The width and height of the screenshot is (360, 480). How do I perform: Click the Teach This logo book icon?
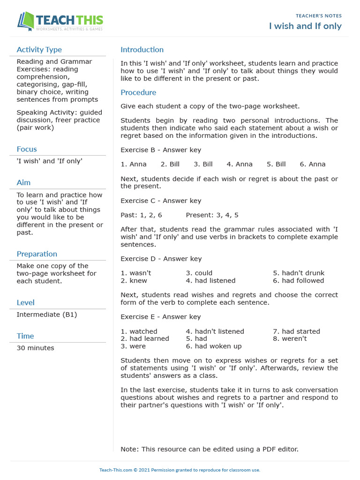coord(26,21)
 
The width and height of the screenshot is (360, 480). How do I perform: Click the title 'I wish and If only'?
coord(305,26)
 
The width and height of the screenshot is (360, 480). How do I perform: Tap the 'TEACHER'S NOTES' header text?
coord(318,16)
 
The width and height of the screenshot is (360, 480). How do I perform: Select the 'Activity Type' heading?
coord(39,50)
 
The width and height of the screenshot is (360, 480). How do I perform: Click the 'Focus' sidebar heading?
coord(27,149)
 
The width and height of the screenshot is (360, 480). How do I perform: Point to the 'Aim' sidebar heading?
coord(23,182)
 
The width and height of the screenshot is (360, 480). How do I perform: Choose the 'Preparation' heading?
coord(37,254)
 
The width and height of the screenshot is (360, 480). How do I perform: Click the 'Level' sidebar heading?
coord(25,302)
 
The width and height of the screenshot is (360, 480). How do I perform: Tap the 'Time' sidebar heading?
coord(25,336)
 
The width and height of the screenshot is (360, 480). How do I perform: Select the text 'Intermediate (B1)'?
coord(46,315)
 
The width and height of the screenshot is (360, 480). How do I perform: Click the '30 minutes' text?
coord(35,348)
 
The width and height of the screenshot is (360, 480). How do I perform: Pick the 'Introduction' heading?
coord(142,50)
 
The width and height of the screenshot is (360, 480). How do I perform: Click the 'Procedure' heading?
coord(138,92)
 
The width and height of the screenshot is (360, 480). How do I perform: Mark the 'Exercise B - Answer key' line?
coord(161,150)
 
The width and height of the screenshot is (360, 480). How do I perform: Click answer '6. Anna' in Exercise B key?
coord(313,164)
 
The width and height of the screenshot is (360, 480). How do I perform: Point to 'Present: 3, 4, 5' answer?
coord(212,215)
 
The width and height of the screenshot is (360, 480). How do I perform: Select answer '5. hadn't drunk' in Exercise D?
coord(299,273)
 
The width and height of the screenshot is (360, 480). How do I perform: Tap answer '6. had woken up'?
coord(214,346)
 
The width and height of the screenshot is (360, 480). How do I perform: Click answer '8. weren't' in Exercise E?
coord(290,338)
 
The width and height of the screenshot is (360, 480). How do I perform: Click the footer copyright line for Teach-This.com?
coord(180,470)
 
